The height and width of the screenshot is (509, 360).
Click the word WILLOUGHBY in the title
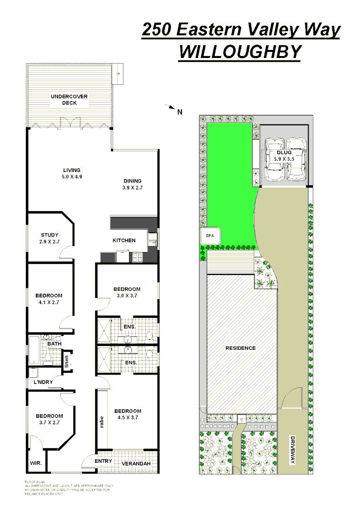tap(240, 52)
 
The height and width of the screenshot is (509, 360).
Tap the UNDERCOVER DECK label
tap(69, 99)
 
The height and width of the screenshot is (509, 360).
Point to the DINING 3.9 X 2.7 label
tap(132, 184)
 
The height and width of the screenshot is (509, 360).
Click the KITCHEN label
tap(124, 240)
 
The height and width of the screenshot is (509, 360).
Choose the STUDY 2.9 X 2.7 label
tap(49, 238)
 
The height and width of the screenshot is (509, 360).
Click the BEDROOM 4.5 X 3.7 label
tap(128, 414)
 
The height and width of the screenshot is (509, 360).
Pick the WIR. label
tap(36, 463)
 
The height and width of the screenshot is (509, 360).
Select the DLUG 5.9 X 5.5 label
tap(284, 156)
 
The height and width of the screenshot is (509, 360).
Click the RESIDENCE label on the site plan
tap(240, 348)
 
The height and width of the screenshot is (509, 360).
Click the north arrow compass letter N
tap(180, 112)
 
